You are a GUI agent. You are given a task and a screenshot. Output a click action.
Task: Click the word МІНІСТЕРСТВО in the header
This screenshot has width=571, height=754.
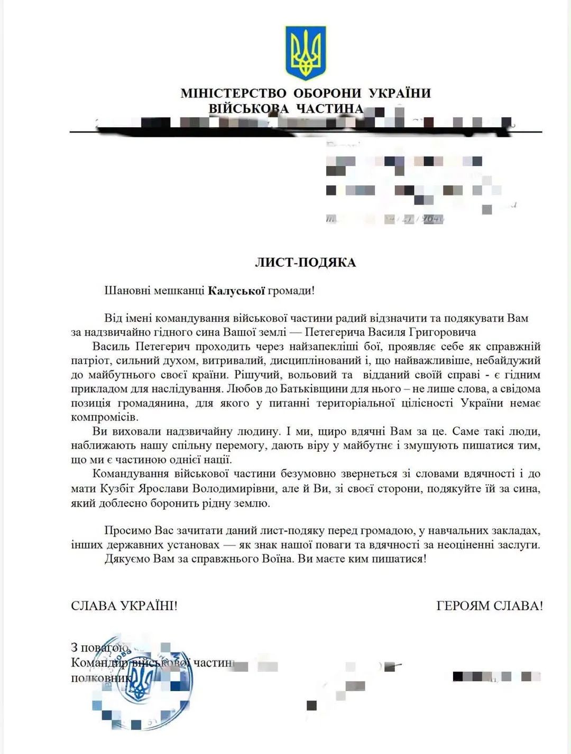(x=233, y=94)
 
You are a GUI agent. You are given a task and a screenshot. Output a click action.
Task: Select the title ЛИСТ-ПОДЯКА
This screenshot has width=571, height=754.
(x=306, y=263)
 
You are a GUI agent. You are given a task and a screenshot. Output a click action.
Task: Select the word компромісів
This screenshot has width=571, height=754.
(x=104, y=417)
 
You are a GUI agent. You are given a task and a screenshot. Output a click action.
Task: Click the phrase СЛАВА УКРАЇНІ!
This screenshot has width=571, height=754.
(x=124, y=606)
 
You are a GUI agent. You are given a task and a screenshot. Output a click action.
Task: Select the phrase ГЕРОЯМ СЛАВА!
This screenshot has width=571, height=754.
(x=490, y=606)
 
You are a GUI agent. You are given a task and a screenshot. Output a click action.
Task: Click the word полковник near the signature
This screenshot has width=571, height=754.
(x=100, y=678)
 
